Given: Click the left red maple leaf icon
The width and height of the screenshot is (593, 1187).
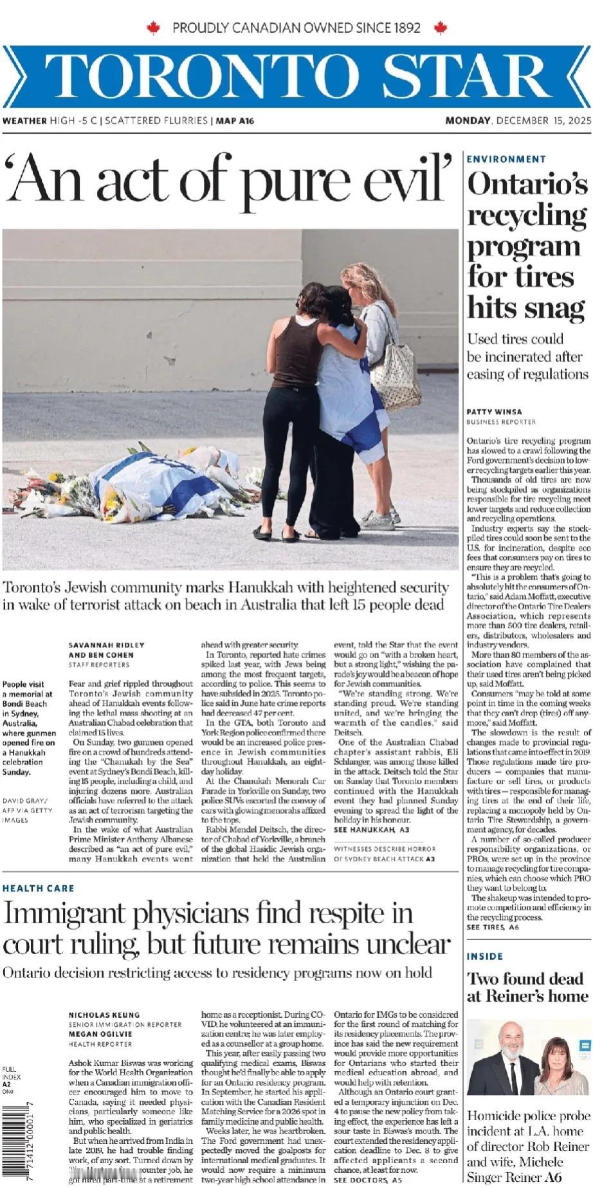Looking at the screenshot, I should click(153, 28).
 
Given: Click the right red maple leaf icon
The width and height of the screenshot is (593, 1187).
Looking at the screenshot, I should click(441, 28).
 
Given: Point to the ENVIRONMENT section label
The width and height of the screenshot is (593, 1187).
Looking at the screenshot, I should click(506, 159).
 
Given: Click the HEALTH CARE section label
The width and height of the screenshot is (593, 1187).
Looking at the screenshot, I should click(39, 888).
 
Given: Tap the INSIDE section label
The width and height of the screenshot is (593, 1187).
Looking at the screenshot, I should click(485, 957).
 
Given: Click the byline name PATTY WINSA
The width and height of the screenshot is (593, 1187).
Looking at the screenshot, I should click(494, 412).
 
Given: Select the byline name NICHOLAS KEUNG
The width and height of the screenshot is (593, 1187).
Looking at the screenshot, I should click(104, 1015).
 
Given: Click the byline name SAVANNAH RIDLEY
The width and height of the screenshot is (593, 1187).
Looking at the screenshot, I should click(107, 645).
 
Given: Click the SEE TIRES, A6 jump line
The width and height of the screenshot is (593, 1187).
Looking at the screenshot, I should click(493, 927).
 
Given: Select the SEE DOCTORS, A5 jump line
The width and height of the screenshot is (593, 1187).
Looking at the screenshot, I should click(368, 1181).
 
